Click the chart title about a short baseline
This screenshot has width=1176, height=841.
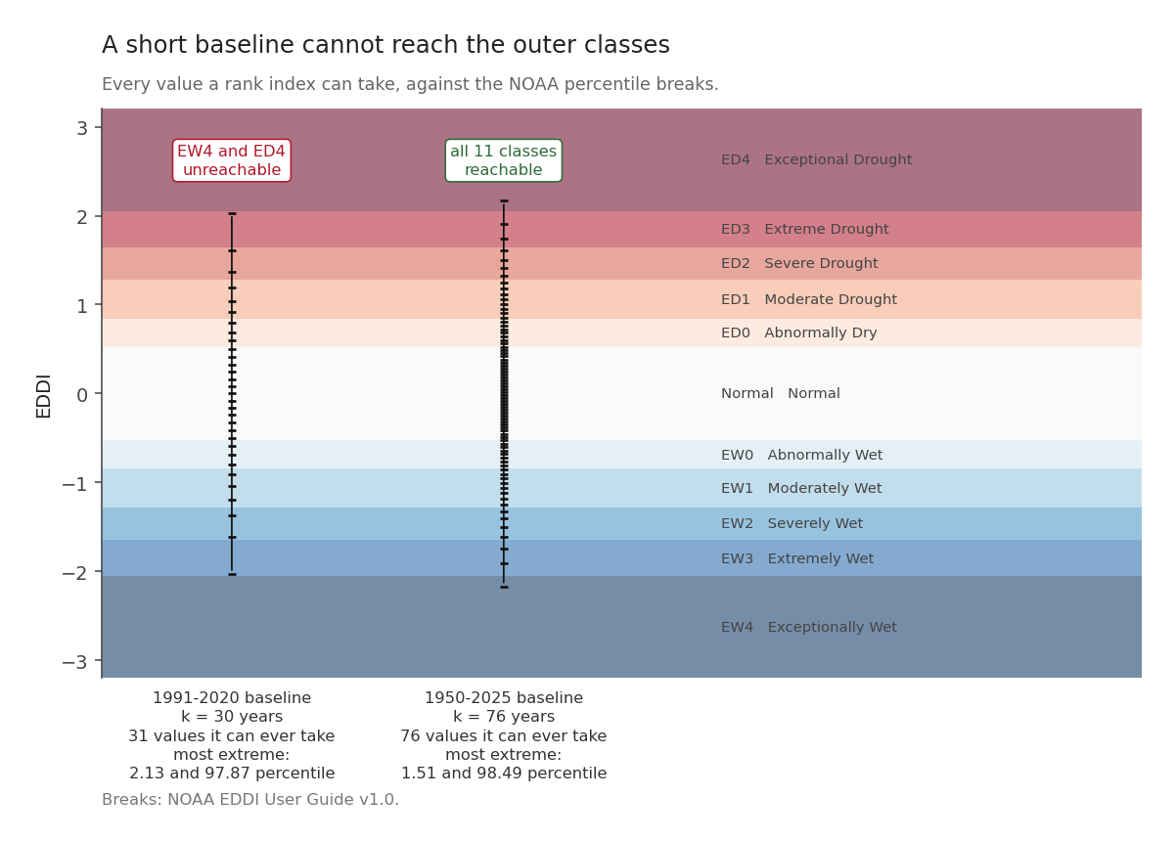(385, 45)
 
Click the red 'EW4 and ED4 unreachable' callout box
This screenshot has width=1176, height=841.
(232, 160)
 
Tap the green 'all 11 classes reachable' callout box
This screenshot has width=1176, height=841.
(504, 160)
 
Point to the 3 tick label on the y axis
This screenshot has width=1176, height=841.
(82, 128)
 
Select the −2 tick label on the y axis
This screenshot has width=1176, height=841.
(75, 573)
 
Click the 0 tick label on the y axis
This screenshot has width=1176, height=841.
(82, 394)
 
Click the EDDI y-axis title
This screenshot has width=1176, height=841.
(44, 396)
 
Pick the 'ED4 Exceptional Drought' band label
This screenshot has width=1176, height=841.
(816, 159)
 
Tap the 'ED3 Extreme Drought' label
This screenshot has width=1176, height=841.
(805, 229)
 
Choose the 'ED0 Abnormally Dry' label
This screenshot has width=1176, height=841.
(799, 332)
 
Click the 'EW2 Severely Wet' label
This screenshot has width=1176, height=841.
(792, 523)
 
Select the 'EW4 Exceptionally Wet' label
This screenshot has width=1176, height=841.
(809, 627)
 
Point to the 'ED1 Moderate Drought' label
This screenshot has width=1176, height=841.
(809, 299)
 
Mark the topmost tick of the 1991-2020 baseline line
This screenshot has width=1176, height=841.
(232, 213)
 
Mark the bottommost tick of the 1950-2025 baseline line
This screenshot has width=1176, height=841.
(504, 587)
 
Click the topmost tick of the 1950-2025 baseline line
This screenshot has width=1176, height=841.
(504, 200)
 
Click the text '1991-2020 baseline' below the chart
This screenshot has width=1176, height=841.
(232, 698)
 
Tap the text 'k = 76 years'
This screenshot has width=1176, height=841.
(504, 716)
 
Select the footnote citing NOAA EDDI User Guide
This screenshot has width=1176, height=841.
(250, 800)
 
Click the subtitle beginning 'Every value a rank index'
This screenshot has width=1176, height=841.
(410, 84)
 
